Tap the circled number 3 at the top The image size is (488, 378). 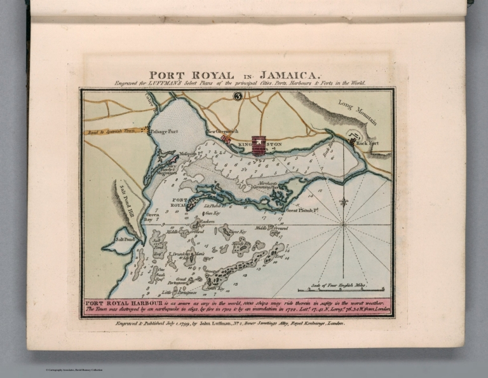pos(238,97)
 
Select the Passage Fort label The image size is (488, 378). pos(163,130)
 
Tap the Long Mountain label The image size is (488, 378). pos(357,112)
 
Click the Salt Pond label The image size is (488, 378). pos(125,240)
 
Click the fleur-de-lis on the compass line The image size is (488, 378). pos(344,202)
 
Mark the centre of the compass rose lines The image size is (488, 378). pos(344,224)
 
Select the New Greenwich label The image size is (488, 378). pos(222,132)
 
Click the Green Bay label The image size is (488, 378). pos(152,218)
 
